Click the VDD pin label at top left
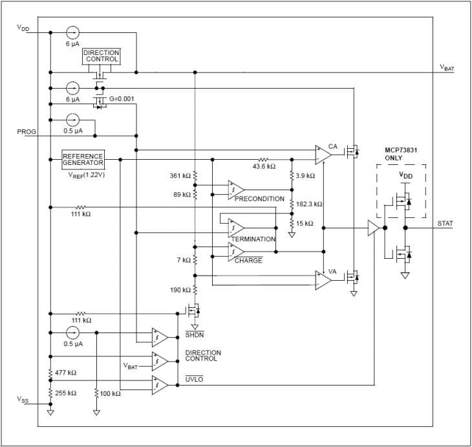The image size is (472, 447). [23, 28]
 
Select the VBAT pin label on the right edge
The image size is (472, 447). [447, 68]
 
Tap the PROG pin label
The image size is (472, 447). [27, 131]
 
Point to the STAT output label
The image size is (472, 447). [445, 223]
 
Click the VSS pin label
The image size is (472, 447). [23, 401]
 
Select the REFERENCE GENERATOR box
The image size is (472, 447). [83, 159]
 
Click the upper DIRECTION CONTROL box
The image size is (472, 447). [102, 56]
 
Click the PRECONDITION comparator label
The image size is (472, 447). [259, 199]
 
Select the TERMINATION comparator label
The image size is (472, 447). [253, 239]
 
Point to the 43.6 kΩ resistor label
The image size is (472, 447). [263, 166]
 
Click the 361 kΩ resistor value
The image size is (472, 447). [180, 175]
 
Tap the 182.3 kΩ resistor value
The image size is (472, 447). [309, 204]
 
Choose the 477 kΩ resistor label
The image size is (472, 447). [65, 373]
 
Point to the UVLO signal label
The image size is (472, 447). [194, 379]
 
